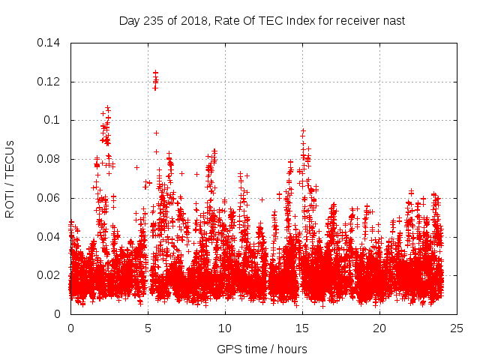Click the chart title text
262,20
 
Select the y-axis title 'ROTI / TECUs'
10,178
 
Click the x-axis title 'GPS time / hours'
262,348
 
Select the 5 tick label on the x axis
148,328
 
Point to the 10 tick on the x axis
225,328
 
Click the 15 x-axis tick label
302,328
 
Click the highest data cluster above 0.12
155,78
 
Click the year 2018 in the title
190,20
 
